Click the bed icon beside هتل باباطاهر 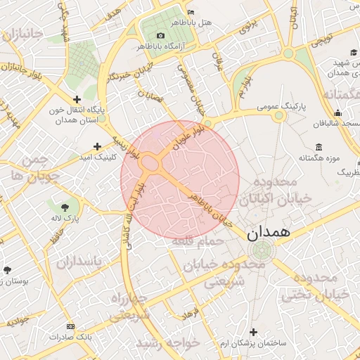[191, 12]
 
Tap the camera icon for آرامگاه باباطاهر [161, 36]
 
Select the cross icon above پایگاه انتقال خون [77, 99]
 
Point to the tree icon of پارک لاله [65, 207]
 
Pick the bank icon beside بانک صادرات [70, 327]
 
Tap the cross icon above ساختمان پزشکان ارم [254, 331]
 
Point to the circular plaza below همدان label [261, 250]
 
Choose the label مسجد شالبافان [337, 124]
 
